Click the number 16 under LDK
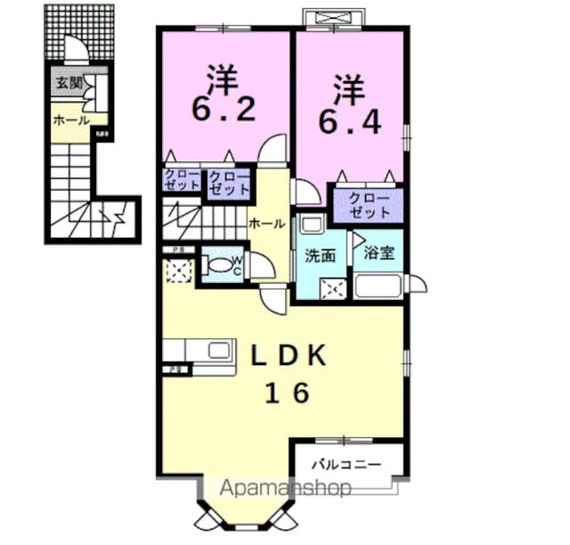point(286,393)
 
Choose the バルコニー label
point(346,465)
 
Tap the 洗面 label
point(321,256)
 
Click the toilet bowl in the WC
point(218,265)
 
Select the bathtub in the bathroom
point(379,286)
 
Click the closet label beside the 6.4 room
point(369,206)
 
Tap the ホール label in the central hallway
point(266,224)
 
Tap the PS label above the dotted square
point(178,250)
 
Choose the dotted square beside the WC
point(178,272)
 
